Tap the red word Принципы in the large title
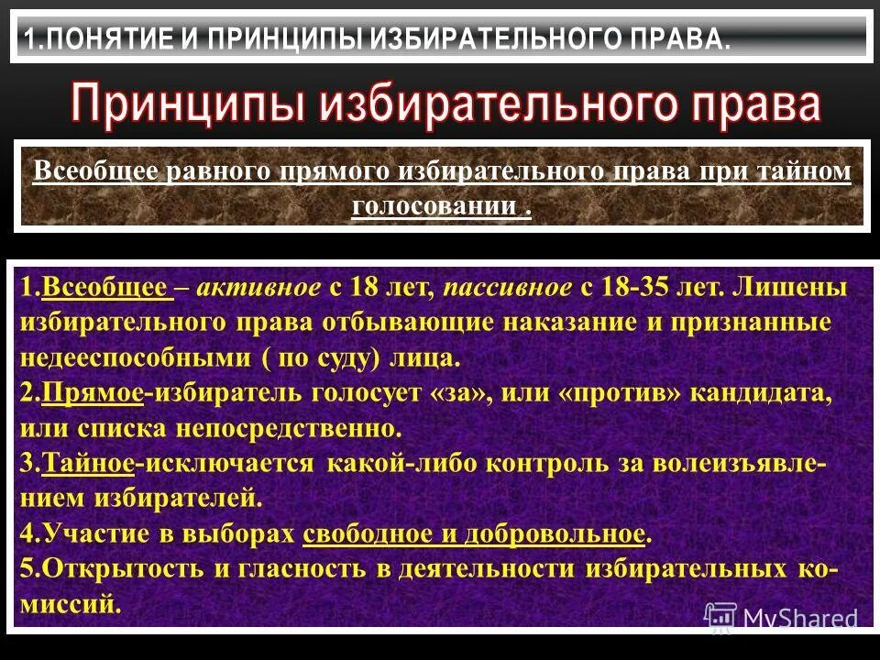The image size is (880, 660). pyautogui.click(x=188, y=104)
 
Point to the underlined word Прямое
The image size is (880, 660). pyautogui.click(x=93, y=394)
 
